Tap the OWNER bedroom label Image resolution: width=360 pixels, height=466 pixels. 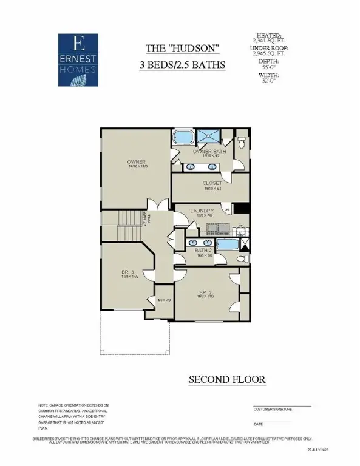tap(137, 162)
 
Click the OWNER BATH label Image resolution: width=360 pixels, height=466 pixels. tap(209, 151)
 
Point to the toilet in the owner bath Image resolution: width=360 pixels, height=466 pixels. tap(241, 143)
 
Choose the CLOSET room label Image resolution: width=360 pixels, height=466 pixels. tap(211, 183)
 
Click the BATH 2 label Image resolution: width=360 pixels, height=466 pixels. tap(203, 250)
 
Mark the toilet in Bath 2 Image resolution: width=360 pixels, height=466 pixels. tap(241, 259)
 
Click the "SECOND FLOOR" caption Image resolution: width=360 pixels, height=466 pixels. tap(227, 379)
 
